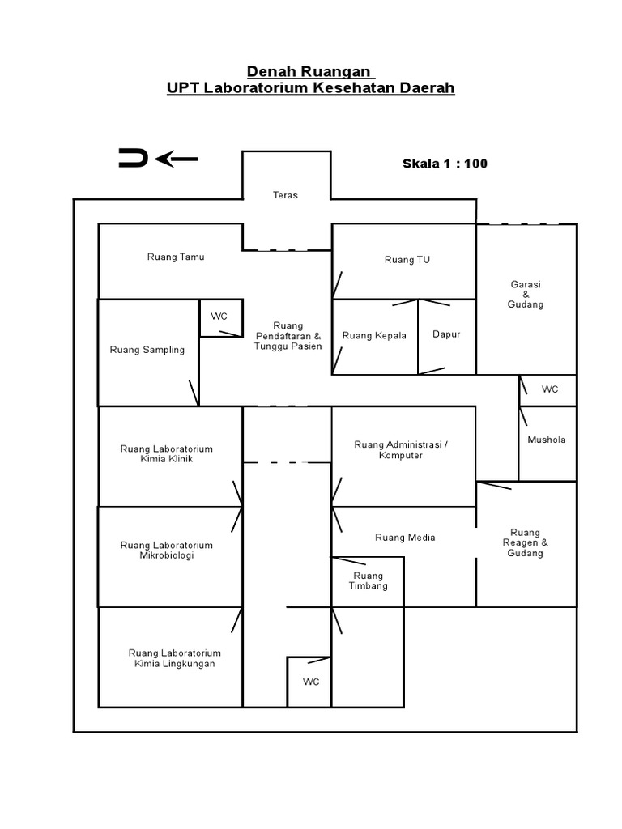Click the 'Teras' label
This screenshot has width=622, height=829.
click(x=285, y=195)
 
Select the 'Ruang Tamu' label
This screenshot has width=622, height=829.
click(x=176, y=257)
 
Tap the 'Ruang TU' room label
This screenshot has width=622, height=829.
click(x=407, y=260)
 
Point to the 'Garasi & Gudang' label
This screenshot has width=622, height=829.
click(x=526, y=295)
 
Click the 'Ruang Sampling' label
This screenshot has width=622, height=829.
click(x=147, y=350)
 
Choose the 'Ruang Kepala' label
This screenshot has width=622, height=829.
click(x=374, y=335)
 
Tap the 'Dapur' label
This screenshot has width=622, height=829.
click(x=446, y=334)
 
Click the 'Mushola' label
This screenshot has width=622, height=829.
click(x=547, y=440)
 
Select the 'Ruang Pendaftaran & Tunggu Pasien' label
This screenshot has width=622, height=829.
click(x=288, y=336)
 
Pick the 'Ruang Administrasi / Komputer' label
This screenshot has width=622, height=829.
click(x=400, y=450)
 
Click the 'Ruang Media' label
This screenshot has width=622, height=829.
click(x=405, y=538)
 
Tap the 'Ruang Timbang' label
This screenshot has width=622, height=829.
click(x=368, y=581)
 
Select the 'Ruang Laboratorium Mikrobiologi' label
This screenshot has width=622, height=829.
click(x=167, y=551)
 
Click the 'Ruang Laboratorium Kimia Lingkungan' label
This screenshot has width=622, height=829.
click(x=175, y=658)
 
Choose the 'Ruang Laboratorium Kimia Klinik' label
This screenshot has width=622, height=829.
click(x=167, y=454)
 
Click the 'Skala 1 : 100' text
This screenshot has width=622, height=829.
click(x=445, y=164)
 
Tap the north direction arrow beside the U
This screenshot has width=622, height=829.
click(x=177, y=159)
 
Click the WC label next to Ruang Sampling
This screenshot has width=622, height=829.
click(x=219, y=317)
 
